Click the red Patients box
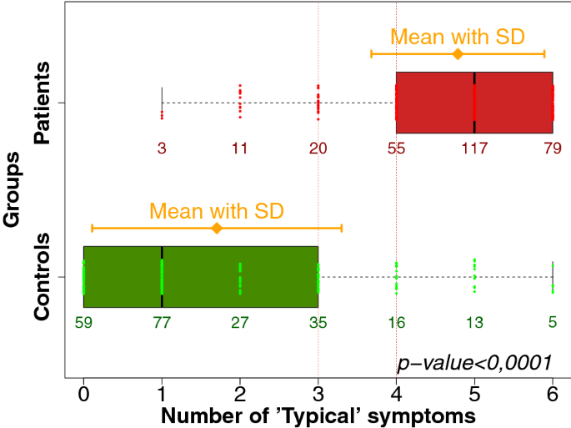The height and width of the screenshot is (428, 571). pos(474,103)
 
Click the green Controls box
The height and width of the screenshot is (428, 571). pos(200,276)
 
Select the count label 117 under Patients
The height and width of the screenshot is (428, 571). pos(474,149)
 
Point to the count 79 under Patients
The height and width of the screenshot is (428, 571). pos(552,149)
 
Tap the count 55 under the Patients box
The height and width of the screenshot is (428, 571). pos(396,149)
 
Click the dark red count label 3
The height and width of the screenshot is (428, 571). pos(162,149)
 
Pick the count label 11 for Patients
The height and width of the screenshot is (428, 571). pos(240,149)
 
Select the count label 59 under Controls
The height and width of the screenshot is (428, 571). pos(83,322)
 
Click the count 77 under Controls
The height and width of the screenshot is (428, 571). pos(162,322)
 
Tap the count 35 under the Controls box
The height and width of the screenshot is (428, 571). pos(318,322)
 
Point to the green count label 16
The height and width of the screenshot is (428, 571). pos(396,322)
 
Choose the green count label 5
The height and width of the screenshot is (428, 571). pos(552,322)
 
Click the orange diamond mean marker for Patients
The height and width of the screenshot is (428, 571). pos(457,54)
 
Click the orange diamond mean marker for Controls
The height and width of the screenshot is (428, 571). pos(217,228)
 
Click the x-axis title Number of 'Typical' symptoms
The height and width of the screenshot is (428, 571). pos(318,415)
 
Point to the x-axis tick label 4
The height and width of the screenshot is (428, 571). pos(396,393)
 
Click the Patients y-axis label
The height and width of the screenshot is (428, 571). pos(44,103)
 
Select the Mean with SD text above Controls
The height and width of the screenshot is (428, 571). pos(217,210)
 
